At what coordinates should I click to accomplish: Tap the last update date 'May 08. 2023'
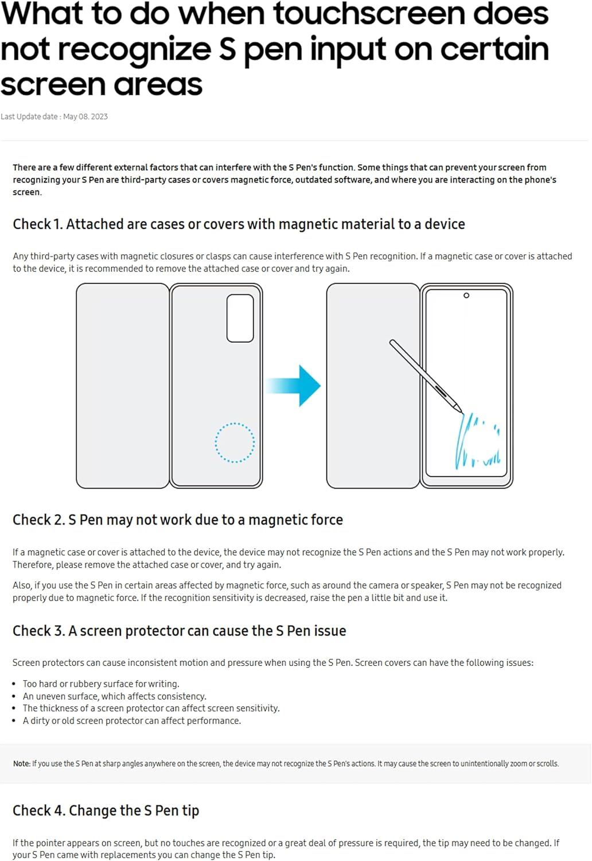pyautogui.click(x=85, y=117)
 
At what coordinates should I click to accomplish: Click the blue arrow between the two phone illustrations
pyautogui.click(x=295, y=386)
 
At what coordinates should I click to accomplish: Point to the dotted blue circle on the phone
pyautogui.click(x=235, y=443)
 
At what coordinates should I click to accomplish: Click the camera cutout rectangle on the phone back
pyautogui.click(x=240, y=318)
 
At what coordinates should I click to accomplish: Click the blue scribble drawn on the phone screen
pyautogui.click(x=476, y=442)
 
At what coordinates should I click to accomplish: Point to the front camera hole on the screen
pyautogui.click(x=466, y=296)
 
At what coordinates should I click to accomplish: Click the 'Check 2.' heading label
pyautogui.click(x=38, y=519)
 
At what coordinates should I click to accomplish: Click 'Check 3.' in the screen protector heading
pyautogui.click(x=38, y=631)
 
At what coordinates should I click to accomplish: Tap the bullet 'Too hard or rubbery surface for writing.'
pyautogui.click(x=101, y=684)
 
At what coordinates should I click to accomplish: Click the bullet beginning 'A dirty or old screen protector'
pyautogui.click(x=131, y=720)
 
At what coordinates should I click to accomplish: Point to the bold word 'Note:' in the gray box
pyautogui.click(x=22, y=763)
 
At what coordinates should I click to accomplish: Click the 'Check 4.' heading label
pyautogui.click(x=38, y=810)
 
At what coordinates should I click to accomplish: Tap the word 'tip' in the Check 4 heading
pyautogui.click(x=190, y=810)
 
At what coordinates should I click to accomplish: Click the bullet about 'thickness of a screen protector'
pyautogui.click(x=151, y=708)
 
